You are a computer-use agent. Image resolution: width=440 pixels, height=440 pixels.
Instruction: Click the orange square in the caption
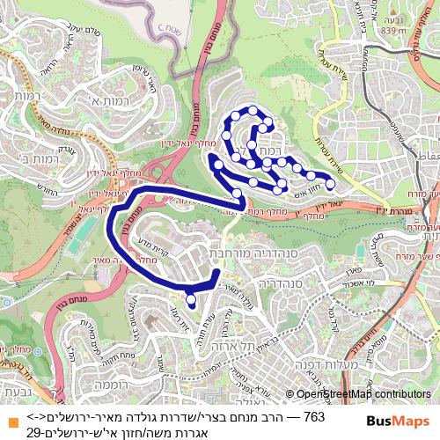[11, 423]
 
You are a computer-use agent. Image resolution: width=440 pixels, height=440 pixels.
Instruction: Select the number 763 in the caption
[313, 415]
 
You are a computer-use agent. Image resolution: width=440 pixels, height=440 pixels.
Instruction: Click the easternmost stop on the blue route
[331, 184]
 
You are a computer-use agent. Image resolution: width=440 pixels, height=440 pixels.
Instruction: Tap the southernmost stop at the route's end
[192, 301]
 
